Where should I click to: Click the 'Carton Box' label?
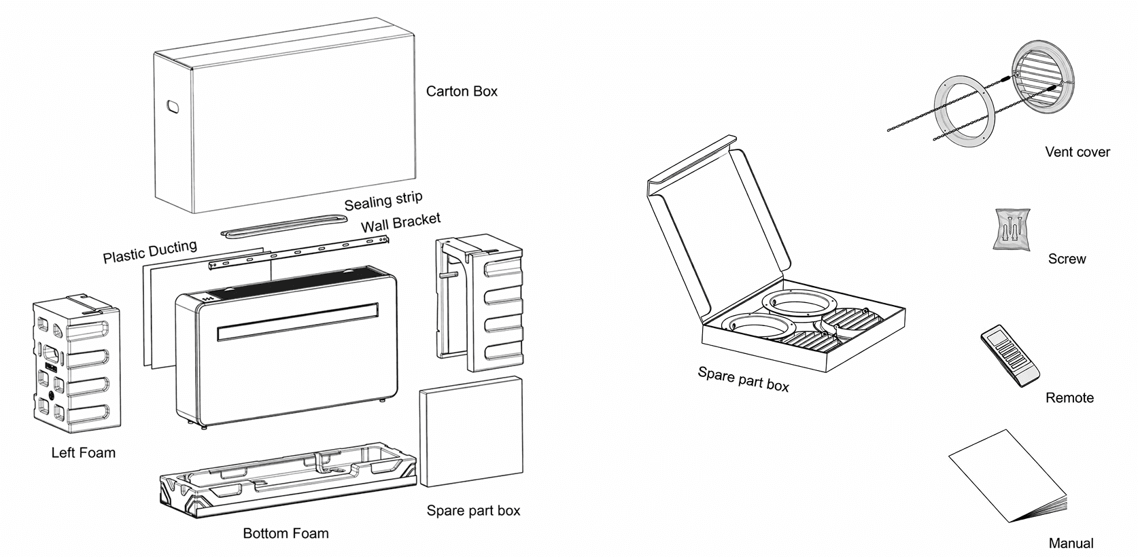462,91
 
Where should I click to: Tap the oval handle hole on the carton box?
173,107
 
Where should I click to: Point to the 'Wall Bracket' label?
400,222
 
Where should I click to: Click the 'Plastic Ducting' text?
150,251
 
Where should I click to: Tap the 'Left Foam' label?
83,452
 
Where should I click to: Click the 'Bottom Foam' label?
286,533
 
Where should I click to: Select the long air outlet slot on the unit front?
298,321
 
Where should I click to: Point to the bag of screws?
1012,230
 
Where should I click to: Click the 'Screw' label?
1067,259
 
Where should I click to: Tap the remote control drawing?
1010,355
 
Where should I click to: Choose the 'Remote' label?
1069,398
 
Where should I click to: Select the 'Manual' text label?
1071,543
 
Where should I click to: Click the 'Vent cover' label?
1077,152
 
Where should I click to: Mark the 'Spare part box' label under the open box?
743,380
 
